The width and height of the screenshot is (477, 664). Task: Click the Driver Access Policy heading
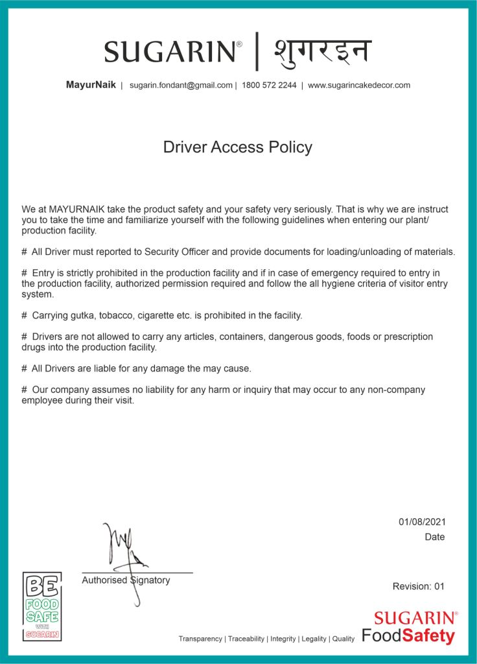(238, 147)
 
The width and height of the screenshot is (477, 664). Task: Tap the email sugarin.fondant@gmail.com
(181, 85)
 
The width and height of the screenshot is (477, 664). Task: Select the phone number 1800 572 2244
(269, 85)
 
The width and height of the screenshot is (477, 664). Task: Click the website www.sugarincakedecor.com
(358, 85)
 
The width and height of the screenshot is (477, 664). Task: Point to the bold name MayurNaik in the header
(91, 85)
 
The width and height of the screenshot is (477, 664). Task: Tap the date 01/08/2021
(422, 522)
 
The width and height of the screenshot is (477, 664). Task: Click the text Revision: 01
(419, 586)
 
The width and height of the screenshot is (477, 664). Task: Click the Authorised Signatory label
(126, 580)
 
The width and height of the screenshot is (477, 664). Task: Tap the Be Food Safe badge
(42, 606)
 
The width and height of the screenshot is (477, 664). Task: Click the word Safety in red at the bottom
(428, 635)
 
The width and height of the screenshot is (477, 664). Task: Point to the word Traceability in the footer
(246, 639)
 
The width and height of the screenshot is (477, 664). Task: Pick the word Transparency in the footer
(200, 639)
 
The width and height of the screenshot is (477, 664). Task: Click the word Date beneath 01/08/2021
(435, 537)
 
